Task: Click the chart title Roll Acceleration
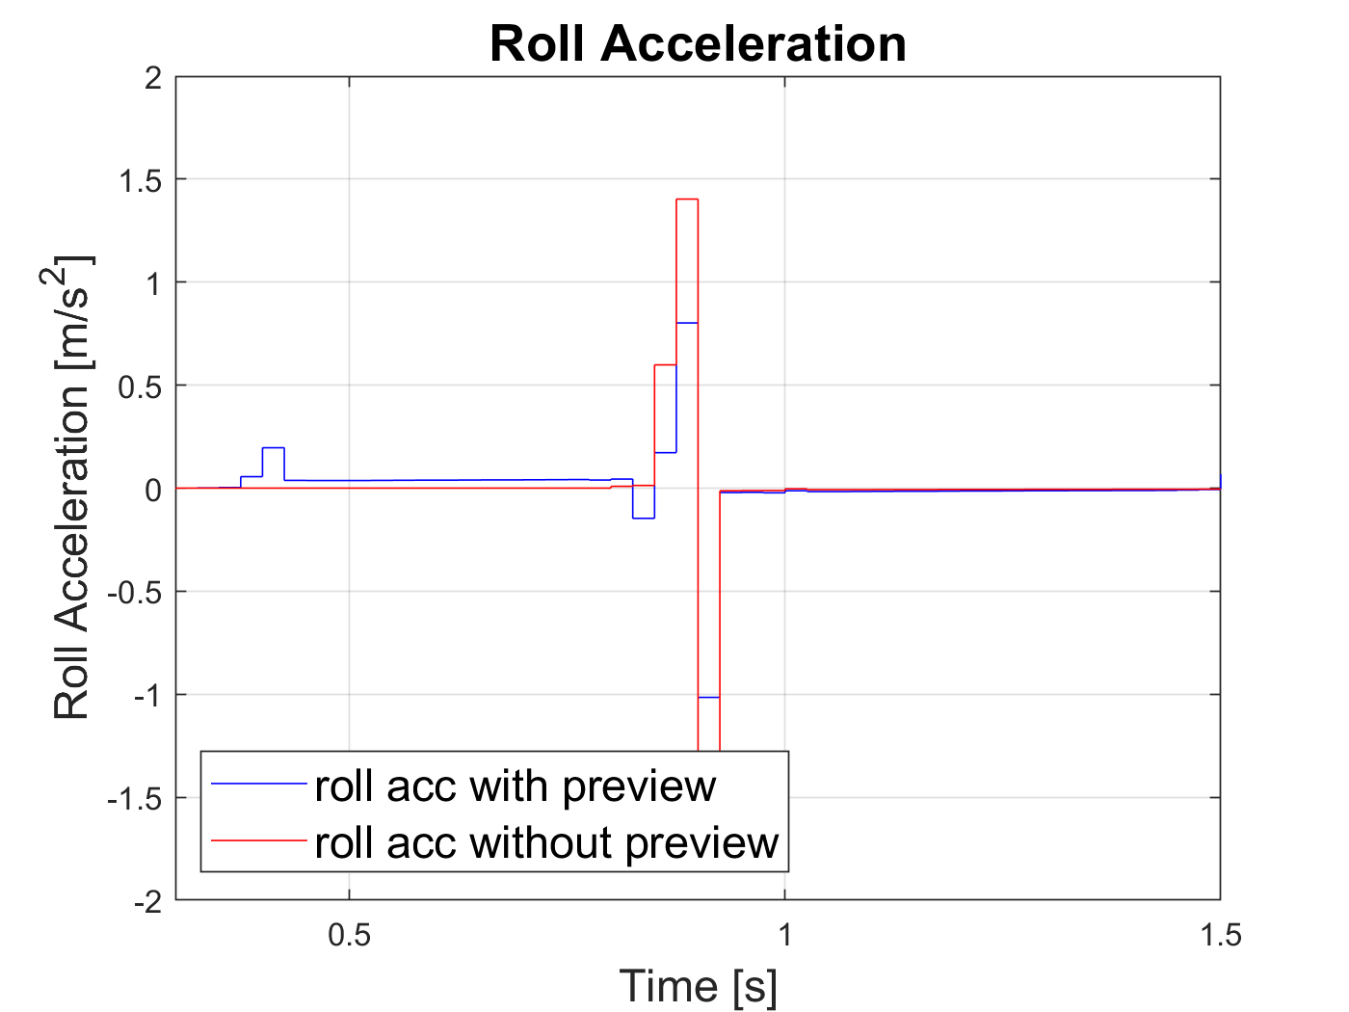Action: point(698,44)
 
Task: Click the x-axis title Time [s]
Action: point(698,986)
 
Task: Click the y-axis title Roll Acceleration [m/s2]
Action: point(72,488)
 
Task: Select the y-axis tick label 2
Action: point(152,77)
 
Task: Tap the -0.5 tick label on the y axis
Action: point(134,593)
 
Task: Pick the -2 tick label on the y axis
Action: point(146,902)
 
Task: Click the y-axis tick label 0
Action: point(152,490)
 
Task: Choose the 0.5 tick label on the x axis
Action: point(349,935)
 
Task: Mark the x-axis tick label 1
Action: point(784,935)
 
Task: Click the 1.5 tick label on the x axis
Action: point(1220,935)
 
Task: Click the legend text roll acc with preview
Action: point(515,786)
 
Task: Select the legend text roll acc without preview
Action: point(546,843)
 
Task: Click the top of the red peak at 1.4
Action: point(687,200)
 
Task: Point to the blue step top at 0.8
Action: point(687,323)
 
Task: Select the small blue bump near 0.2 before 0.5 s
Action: point(273,448)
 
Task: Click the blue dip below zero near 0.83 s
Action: point(644,519)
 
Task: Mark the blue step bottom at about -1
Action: point(709,697)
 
